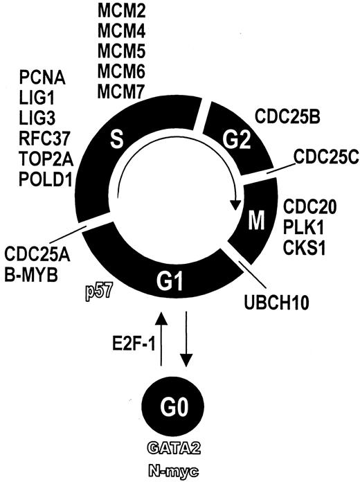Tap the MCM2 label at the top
[122, 13]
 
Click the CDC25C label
[321, 156]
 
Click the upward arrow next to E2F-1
[161, 339]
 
